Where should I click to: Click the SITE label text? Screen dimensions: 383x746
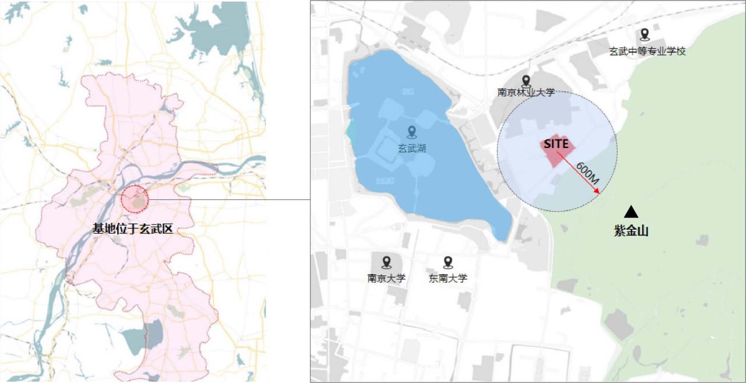click(556, 143)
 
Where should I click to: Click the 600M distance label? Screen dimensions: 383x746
click(587, 174)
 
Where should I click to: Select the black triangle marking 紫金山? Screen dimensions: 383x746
click(631, 212)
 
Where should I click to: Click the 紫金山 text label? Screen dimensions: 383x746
click(631, 231)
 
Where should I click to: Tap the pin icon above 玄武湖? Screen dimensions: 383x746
click(411, 132)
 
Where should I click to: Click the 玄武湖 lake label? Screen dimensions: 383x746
click(411, 148)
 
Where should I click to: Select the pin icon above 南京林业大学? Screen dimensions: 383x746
click(526, 80)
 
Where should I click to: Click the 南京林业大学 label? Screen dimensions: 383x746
click(526, 92)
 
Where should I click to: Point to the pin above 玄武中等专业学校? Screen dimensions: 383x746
click(644, 34)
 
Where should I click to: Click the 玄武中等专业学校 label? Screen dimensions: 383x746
click(647, 51)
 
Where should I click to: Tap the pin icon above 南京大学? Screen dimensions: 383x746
click(386, 262)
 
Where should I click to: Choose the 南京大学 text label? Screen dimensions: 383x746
click(386, 278)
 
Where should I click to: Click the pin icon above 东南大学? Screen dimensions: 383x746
click(448, 262)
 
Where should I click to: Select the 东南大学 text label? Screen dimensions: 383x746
click(448, 278)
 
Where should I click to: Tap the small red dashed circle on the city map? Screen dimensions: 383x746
click(135, 199)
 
